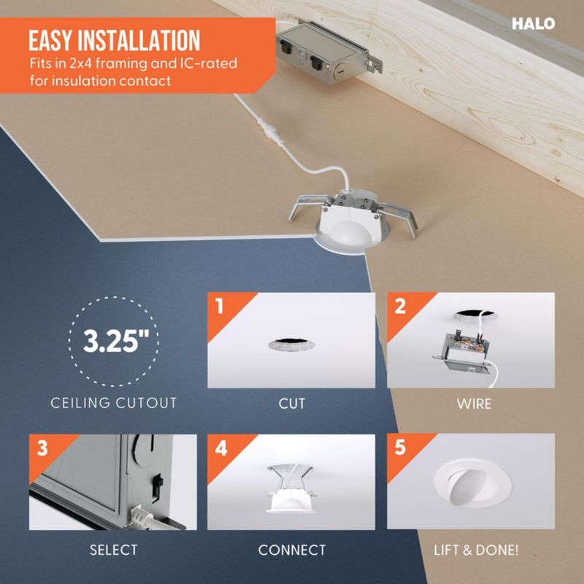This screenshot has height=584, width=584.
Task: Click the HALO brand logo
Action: tap(533, 24)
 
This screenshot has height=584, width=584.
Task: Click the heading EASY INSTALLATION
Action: tap(115, 41)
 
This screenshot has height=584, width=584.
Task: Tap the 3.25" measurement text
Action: tap(116, 341)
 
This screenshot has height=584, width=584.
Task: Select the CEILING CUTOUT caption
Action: tap(114, 403)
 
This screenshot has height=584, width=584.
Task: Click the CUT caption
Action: tap(291, 404)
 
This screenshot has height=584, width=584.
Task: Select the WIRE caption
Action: tap(474, 404)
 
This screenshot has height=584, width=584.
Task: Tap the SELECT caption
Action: tap(114, 550)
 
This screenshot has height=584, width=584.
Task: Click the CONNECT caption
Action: tap(292, 550)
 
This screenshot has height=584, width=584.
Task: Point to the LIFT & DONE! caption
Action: tap(476, 550)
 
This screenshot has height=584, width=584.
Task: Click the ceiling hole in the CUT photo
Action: tap(291, 345)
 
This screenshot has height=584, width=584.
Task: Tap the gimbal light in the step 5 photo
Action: tap(472, 484)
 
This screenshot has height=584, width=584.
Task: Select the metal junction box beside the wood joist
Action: tap(329, 53)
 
